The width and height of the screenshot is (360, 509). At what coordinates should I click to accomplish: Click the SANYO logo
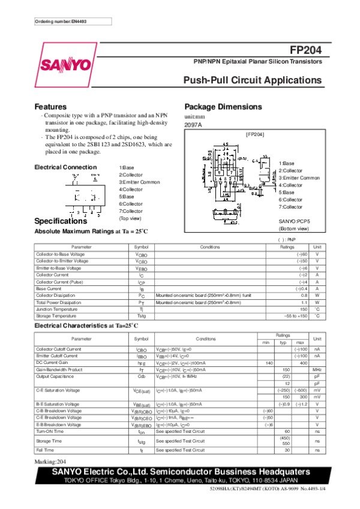point(65,64)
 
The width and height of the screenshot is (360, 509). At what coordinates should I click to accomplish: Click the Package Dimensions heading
point(223,107)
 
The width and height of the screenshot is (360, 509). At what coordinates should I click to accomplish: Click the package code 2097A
point(193,125)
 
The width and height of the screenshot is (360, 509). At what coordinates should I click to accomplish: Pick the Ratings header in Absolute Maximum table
point(287,246)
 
